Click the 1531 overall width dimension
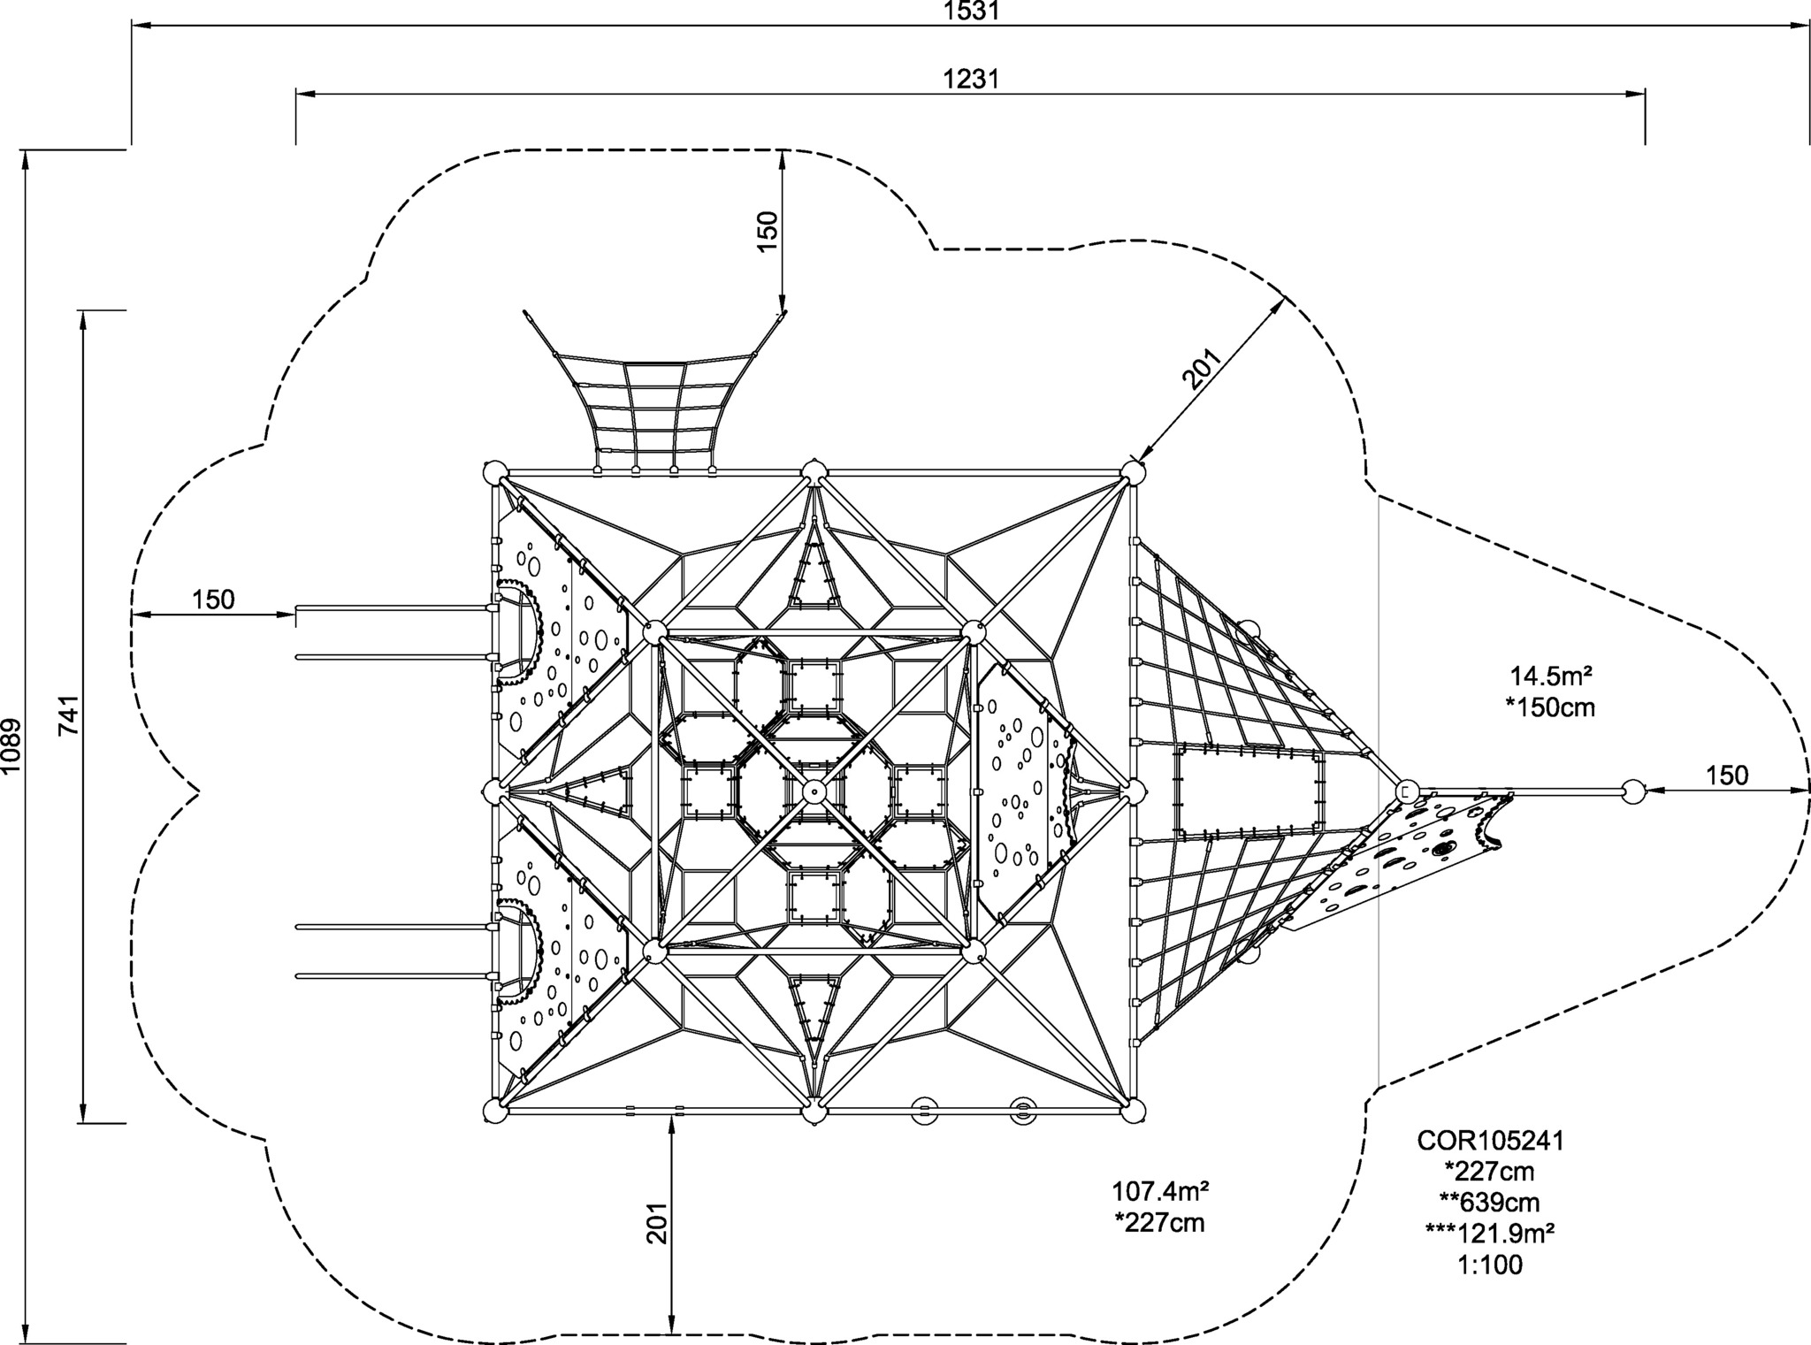click(x=970, y=11)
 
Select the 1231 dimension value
click(x=970, y=80)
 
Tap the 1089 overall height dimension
click(x=11, y=745)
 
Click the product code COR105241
click(x=1490, y=1141)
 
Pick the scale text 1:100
click(x=1490, y=1265)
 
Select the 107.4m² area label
click(x=1160, y=1191)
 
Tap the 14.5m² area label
click(x=1551, y=676)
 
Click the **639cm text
click(x=1490, y=1203)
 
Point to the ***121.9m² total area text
click(x=1490, y=1234)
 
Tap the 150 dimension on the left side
click(x=214, y=600)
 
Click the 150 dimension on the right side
click(x=1726, y=776)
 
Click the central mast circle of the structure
click(x=813, y=790)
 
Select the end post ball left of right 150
click(x=1632, y=791)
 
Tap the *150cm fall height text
click(x=1551, y=707)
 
